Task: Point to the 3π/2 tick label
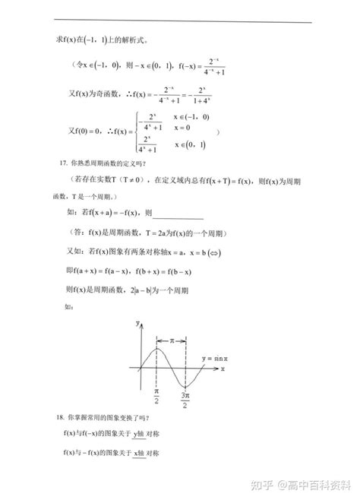click(185, 399)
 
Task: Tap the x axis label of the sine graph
click(223, 369)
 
